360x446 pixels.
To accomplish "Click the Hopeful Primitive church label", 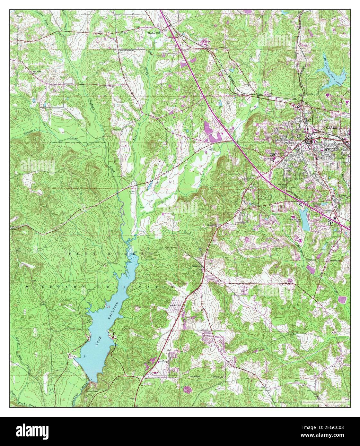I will coord(126,50).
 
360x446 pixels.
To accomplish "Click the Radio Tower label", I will coord(212,149).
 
